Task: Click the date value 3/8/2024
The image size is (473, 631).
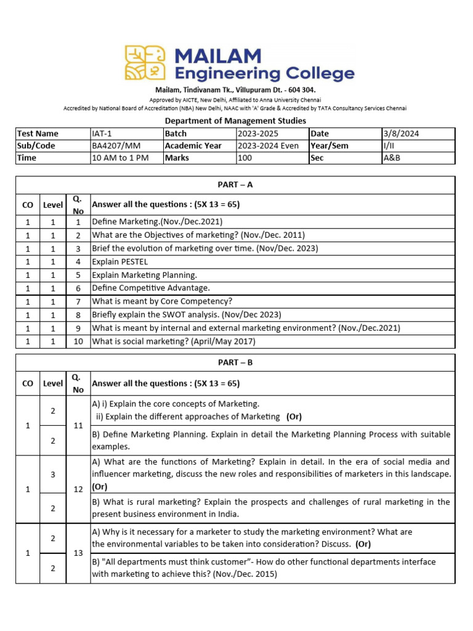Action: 401,134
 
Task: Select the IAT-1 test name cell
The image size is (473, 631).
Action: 103,134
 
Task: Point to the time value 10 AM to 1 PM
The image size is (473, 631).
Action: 116,158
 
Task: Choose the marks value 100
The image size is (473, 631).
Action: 245,158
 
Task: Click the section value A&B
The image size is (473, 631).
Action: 391,158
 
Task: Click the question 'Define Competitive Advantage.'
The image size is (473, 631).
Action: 151,288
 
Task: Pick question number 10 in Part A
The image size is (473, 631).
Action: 78,341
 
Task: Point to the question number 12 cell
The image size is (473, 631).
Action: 78,489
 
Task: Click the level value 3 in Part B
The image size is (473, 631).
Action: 53,474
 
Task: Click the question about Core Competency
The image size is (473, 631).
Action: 162,301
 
